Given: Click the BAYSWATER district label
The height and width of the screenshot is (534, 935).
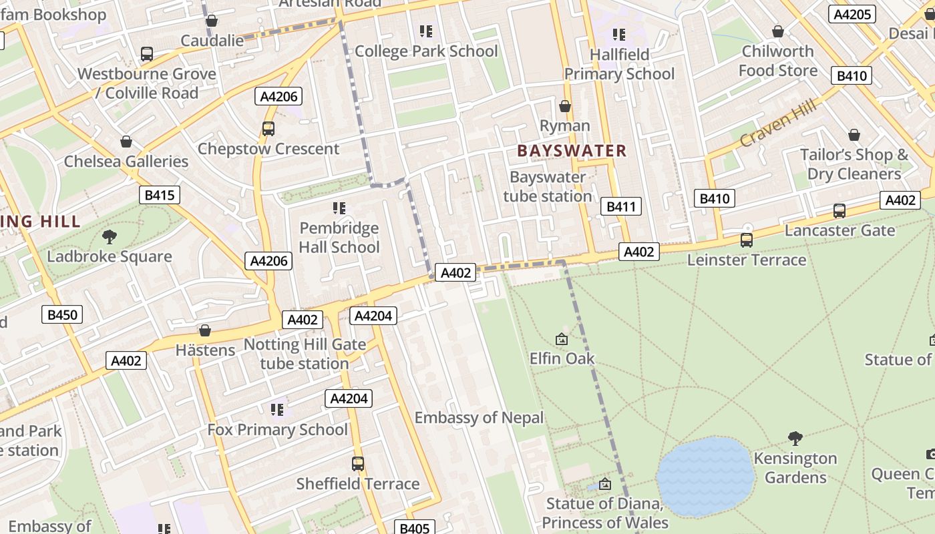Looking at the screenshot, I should (x=572, y=151).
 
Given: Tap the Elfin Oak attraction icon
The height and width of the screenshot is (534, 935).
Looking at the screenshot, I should (x=562, y=340).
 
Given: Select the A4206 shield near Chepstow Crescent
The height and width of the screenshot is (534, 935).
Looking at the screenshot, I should (x=278, y=97).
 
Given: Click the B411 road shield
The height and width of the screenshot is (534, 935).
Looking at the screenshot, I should (x=620, y=207).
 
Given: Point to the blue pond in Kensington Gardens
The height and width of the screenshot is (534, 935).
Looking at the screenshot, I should (x=705, y=476).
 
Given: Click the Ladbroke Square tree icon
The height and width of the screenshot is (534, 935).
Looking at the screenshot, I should (x=110, y=237).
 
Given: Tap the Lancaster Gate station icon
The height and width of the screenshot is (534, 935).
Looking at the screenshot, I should (x=839, y=211).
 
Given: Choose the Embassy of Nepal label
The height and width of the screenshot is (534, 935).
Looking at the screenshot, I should (x=479, y=418).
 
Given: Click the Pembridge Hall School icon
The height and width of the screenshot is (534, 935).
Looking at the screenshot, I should (x=339, y=208).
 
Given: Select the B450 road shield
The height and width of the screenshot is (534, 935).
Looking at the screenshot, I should (x=62, y=315).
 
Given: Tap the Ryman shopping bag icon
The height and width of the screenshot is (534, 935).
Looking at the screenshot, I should (x=565, y=106).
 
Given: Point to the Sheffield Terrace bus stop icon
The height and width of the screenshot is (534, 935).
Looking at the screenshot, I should (x=358, y=464).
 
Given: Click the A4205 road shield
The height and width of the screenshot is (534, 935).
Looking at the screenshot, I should (x=852, y=15).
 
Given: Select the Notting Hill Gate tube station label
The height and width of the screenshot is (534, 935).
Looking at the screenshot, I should (x=305, y=354).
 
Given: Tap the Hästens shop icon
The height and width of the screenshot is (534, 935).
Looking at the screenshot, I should (x=205, y=330).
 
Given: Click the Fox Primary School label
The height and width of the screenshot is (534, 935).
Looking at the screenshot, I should (x=277, y=429).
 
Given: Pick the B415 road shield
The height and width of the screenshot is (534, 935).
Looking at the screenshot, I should (x=159, y=196).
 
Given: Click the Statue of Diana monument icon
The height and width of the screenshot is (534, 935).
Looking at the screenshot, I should (x=605, y=484).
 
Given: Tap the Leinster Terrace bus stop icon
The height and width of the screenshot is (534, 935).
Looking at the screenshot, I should (x=747, y=240).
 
